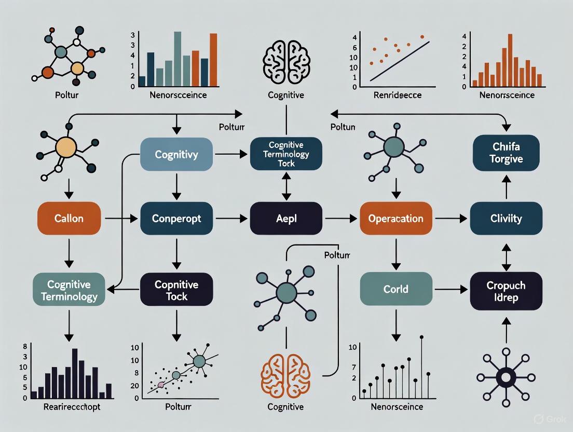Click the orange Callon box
[69, 219]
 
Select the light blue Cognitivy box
[176, 155]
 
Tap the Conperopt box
[176, 219]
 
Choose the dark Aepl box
[286, 219]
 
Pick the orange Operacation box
[395, 219]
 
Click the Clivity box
[506, 219]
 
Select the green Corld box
[395, 289]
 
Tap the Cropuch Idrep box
[506, 291]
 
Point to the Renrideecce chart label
[398, 95]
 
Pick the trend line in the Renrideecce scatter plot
[400, 61]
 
